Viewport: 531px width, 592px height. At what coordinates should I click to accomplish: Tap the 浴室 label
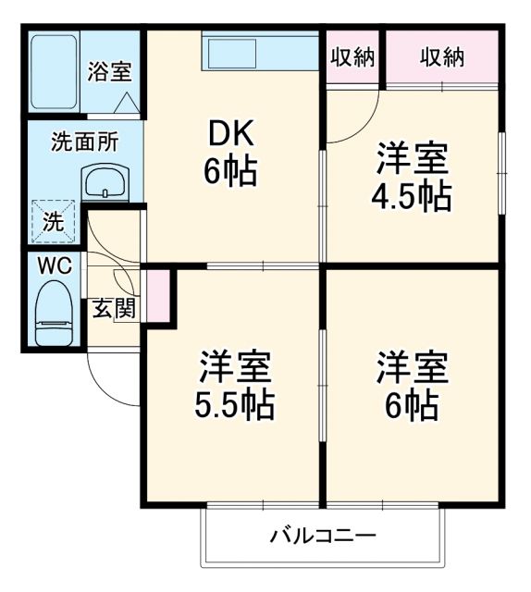point(109,73)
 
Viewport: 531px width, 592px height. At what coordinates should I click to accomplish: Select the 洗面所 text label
point(84,142)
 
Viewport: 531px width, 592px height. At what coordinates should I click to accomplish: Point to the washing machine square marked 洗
point(54,222)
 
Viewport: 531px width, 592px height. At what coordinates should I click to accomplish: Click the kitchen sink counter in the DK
point(260,54)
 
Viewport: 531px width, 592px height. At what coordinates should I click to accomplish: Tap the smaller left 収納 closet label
point(352,57)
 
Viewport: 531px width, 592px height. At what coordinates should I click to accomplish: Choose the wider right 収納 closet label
point(442,57)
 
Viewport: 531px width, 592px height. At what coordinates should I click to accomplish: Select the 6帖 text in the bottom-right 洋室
point(413,404)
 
